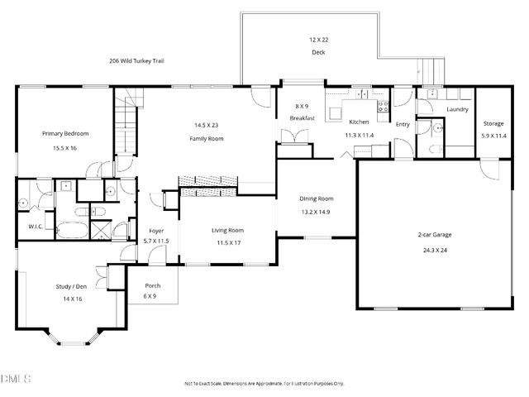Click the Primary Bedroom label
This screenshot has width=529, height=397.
(x=65, y=133)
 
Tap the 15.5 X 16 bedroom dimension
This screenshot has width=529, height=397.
(x=65, y=148)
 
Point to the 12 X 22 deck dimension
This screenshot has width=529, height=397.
(x=318, y=40)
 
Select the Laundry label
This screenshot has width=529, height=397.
(x=457, y=109)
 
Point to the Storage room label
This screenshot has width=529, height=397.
(x=494, y=124)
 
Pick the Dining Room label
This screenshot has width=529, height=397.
(x=316, y=198)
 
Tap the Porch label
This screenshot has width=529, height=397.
(x=152, y=285)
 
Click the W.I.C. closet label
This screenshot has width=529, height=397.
(x=36, y=226)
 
